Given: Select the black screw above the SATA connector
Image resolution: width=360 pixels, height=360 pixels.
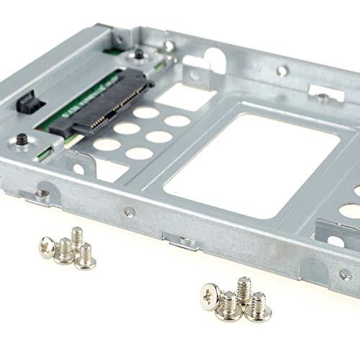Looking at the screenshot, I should click(x=135, y=55).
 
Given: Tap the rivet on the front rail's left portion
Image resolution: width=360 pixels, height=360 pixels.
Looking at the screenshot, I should click(x=128, y=212).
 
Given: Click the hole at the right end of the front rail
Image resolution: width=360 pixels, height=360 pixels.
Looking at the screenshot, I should click(x=344, y=274).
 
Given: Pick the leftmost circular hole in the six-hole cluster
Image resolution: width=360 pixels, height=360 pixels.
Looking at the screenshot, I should click(x=107, y=144).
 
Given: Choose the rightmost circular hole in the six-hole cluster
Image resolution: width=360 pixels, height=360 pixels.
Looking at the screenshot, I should click(x=177, y=120).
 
